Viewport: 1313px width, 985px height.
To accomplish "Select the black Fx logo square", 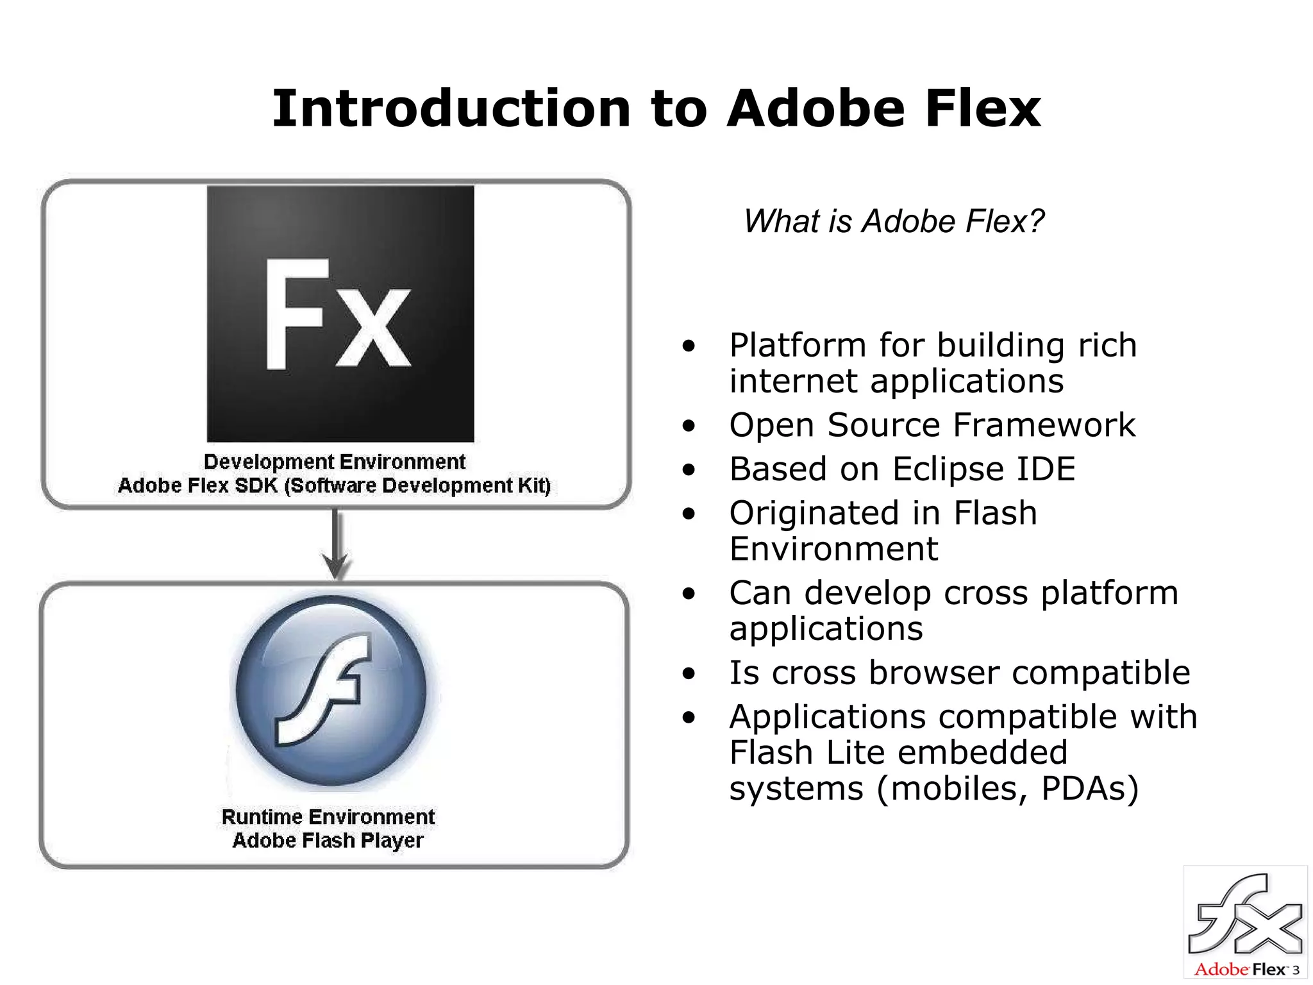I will coord(340,314).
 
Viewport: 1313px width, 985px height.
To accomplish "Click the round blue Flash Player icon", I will coord(331,690).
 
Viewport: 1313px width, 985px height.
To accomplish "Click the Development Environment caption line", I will coord(334,462).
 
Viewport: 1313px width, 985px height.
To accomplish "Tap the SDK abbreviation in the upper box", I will coord(256,485).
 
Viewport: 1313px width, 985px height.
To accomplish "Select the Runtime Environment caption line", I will coord(328,817).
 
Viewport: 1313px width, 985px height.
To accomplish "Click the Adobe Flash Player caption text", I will coord(328,840).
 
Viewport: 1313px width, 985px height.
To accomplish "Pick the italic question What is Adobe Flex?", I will coord(894,221).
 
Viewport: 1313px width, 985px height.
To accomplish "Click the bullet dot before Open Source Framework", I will coord(689,426).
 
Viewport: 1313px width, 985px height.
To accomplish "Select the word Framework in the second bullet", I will coord(1044,425).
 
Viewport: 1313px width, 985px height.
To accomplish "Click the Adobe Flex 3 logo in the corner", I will coord(1245,922).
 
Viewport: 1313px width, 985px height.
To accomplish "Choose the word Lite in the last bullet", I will coord(851,752).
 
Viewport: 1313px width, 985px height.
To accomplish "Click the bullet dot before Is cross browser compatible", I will coord(689,674).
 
